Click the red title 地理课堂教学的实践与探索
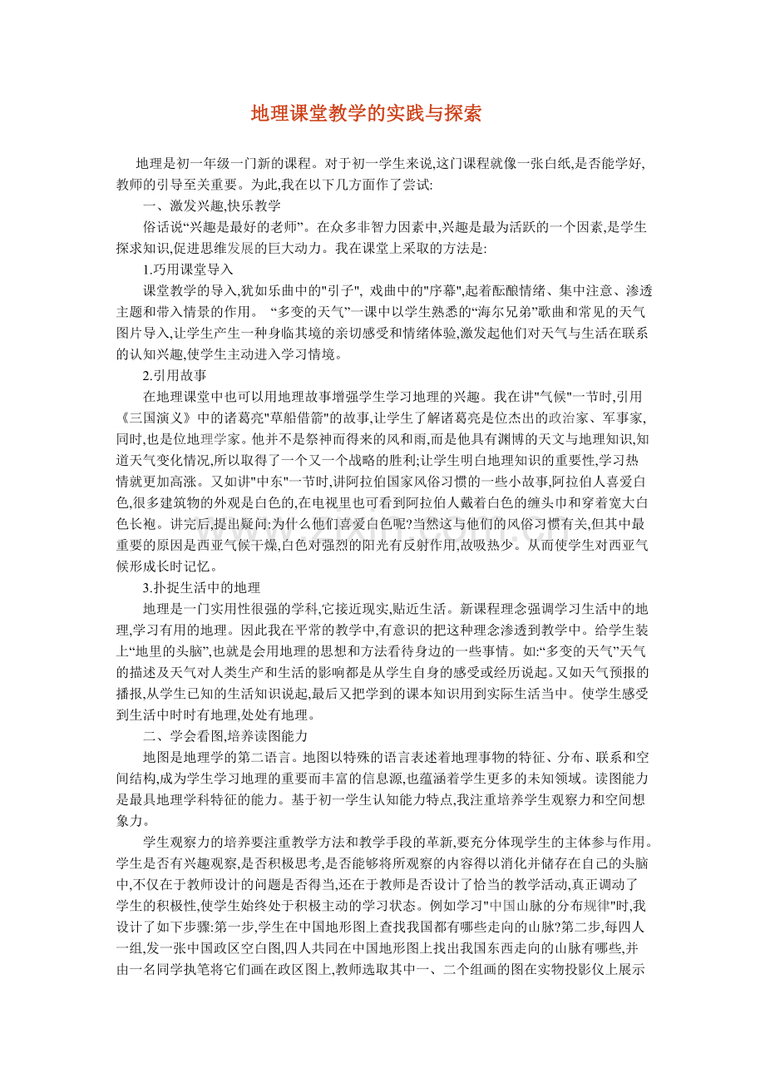click(366, 114)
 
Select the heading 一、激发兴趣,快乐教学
click(212, 205)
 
